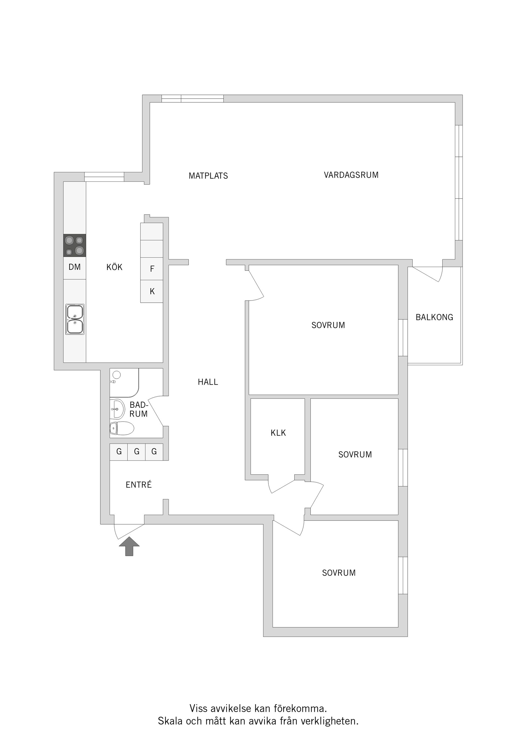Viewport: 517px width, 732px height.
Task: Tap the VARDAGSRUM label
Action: pyautogui.click(x=351, y=175)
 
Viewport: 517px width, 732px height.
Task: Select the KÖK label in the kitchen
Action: pyautogui.click(x=114, y=267)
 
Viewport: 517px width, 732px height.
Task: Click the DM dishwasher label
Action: pyautogui.click(x=75, y=267)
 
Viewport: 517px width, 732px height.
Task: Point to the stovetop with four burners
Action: pyautogui.click(x=75, y=246)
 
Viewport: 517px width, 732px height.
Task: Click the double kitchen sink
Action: pyautogui.click(x=75, y=319)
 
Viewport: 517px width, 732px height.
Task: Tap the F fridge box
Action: pyautogui.click(x=152, y=269)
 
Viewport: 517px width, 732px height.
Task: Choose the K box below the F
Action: pyautogui.click(x=152, y=291)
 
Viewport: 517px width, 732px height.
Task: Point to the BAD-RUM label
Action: pyautogui.click(x=139, y=409)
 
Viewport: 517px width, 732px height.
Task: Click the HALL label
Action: pyautogui.click(x=208, y=382)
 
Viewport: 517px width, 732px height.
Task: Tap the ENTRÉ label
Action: pyautogui.click(x=139, y=485)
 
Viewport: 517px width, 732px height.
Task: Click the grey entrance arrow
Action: pyautogui.click(x=129, y=546)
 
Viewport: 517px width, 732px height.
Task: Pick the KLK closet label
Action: pyautogui.click(x=278, y=433)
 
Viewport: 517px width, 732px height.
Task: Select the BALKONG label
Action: pyautogui.click(x=434, y=317)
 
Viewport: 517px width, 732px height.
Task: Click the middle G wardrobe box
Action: pyautogui.click(x=137, y=451)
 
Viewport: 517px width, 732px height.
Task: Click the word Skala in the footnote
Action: pyautogui.click(x=170, y=721)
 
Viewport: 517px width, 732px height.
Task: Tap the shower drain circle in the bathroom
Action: pyautogui.click(x=117, y=375)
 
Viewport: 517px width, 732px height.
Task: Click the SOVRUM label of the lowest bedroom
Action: pyautogui.click(x=339, y=573)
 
